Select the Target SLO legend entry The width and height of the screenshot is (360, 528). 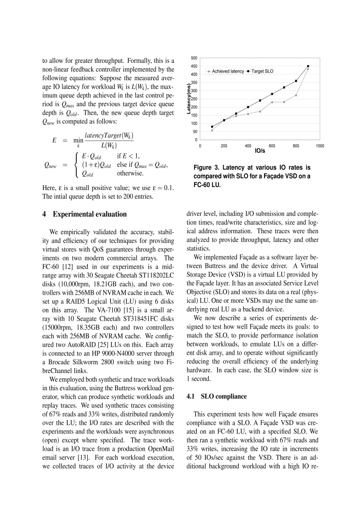point(262,71)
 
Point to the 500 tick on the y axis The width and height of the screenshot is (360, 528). point(194,58)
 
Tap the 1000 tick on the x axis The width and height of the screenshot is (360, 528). point(319,145)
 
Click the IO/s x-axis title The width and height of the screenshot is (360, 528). point(259,151)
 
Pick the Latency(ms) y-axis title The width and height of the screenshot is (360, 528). point(190,99)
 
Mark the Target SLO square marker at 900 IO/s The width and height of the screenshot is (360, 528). point(308,66)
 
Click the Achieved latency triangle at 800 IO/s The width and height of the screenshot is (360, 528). point(296,95)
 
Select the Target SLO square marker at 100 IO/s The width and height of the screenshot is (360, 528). point(212,127)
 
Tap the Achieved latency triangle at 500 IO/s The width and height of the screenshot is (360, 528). point(260,111)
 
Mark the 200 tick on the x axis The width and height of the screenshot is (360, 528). point(224,145)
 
